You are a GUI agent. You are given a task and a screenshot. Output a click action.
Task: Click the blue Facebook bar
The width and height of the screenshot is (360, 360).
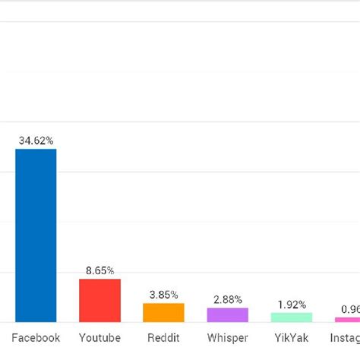[x=36, y=235]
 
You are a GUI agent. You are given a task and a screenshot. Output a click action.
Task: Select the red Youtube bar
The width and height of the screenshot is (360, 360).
[x=99, y=301]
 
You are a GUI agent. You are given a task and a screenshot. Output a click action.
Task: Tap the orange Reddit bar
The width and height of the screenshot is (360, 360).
[x=163, y=313]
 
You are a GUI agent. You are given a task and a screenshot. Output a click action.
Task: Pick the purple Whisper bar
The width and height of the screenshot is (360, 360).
[x=227, y=315]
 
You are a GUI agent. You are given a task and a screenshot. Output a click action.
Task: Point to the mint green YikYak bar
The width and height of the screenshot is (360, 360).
[x=291, y=317]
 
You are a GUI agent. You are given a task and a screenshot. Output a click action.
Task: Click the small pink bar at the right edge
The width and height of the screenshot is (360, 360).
[x=347, y=320]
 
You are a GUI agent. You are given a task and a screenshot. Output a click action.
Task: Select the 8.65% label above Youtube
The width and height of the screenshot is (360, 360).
[x=99, y=270]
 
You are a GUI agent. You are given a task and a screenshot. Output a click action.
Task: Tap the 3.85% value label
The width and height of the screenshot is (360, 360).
[x=163, y=295]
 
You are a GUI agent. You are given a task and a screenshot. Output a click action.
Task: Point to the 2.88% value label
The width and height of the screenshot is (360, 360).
[x=227, y=299]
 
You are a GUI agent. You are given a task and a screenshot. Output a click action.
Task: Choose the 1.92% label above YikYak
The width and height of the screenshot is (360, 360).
[x=291, y=304]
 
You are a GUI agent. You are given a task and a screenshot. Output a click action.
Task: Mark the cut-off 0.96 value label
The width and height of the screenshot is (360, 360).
[x=350, y=309]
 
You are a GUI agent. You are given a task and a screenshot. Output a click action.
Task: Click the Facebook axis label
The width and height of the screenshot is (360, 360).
[x=36, y=338]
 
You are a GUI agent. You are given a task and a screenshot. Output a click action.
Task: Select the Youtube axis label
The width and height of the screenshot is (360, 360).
[x=99, y=338]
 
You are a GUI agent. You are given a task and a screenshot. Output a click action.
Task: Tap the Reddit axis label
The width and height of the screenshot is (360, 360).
[x=163, y=338]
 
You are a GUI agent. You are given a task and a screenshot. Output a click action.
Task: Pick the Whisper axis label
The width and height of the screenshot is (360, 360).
[x=227, y=338]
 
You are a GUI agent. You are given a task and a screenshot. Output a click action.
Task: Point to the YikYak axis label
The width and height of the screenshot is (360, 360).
[x=291, y=338]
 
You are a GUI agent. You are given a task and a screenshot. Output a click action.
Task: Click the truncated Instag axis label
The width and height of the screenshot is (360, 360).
[x=346, y=338]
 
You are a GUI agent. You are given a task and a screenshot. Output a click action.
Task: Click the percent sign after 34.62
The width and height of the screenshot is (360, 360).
[x=49, y=141]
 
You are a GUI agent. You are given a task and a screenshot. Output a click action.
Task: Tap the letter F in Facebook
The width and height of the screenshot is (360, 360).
[x=15, y=338]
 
